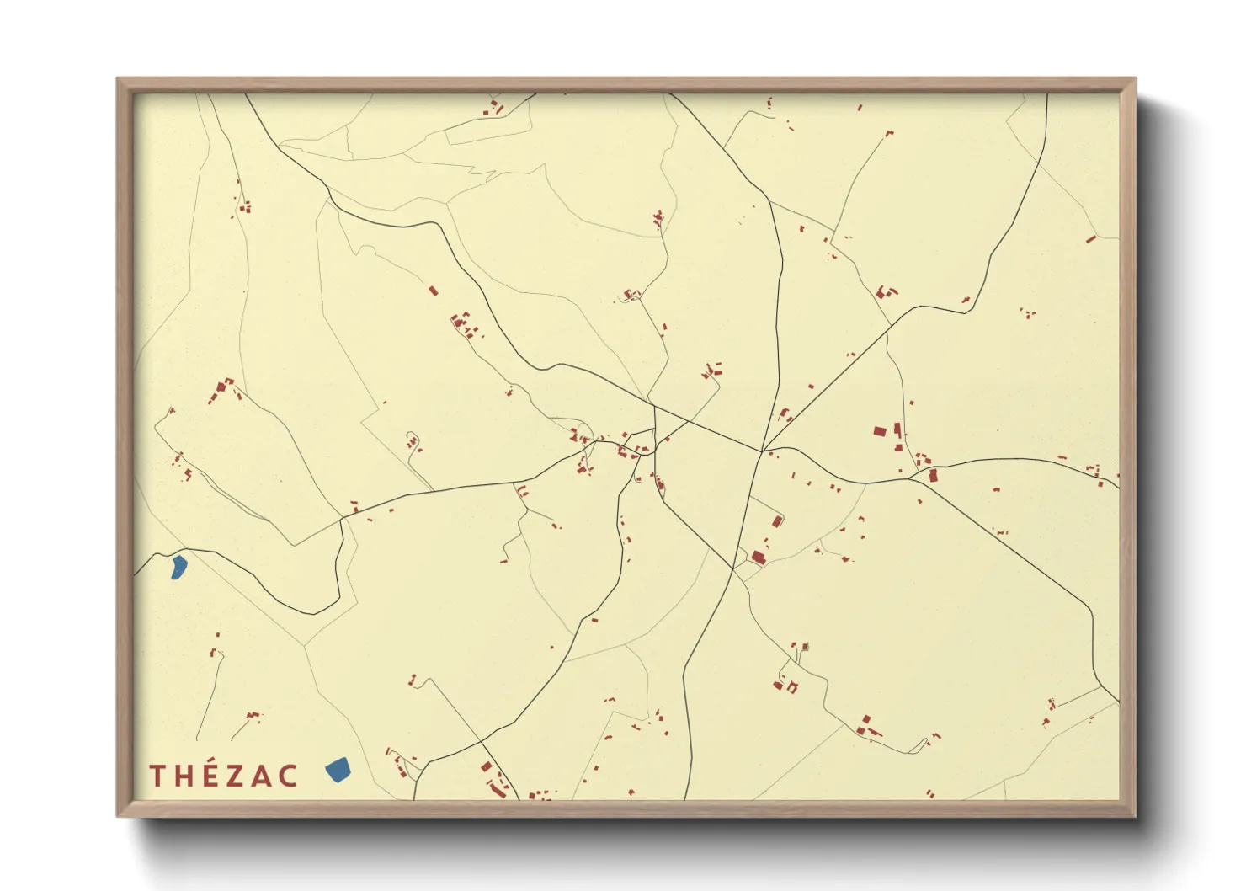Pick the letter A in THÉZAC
264,776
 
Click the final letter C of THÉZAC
289,776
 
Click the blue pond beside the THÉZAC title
338,769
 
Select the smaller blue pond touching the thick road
178,567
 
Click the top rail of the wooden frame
623,84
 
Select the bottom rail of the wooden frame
623,808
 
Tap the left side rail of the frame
125,446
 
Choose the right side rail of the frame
1128,446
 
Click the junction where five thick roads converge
762,452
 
